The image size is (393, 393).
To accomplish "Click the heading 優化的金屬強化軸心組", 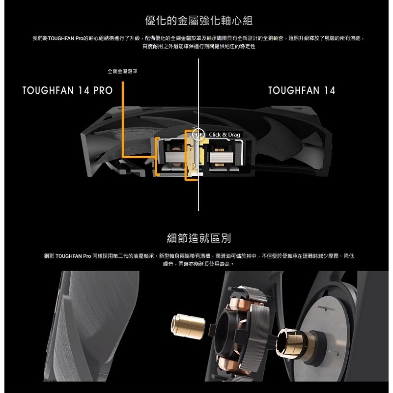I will (x=199, y=21).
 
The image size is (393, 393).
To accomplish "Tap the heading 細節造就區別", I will (x=199, y=239).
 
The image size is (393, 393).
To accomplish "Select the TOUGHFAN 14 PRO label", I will (x=67, y=91).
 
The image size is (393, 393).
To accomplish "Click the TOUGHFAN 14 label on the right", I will (x=302, y=91).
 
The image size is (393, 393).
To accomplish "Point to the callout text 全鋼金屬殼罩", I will (x=122, y=71).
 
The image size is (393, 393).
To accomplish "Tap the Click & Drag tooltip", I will (x=225, y=134).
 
